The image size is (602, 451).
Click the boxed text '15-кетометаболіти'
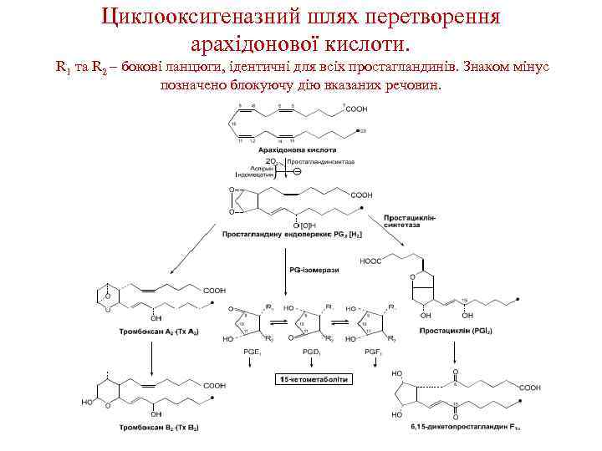coord(314,379)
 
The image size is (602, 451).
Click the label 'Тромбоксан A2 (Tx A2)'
coord(151,332)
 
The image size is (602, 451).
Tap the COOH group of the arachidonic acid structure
coord(355,109)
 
